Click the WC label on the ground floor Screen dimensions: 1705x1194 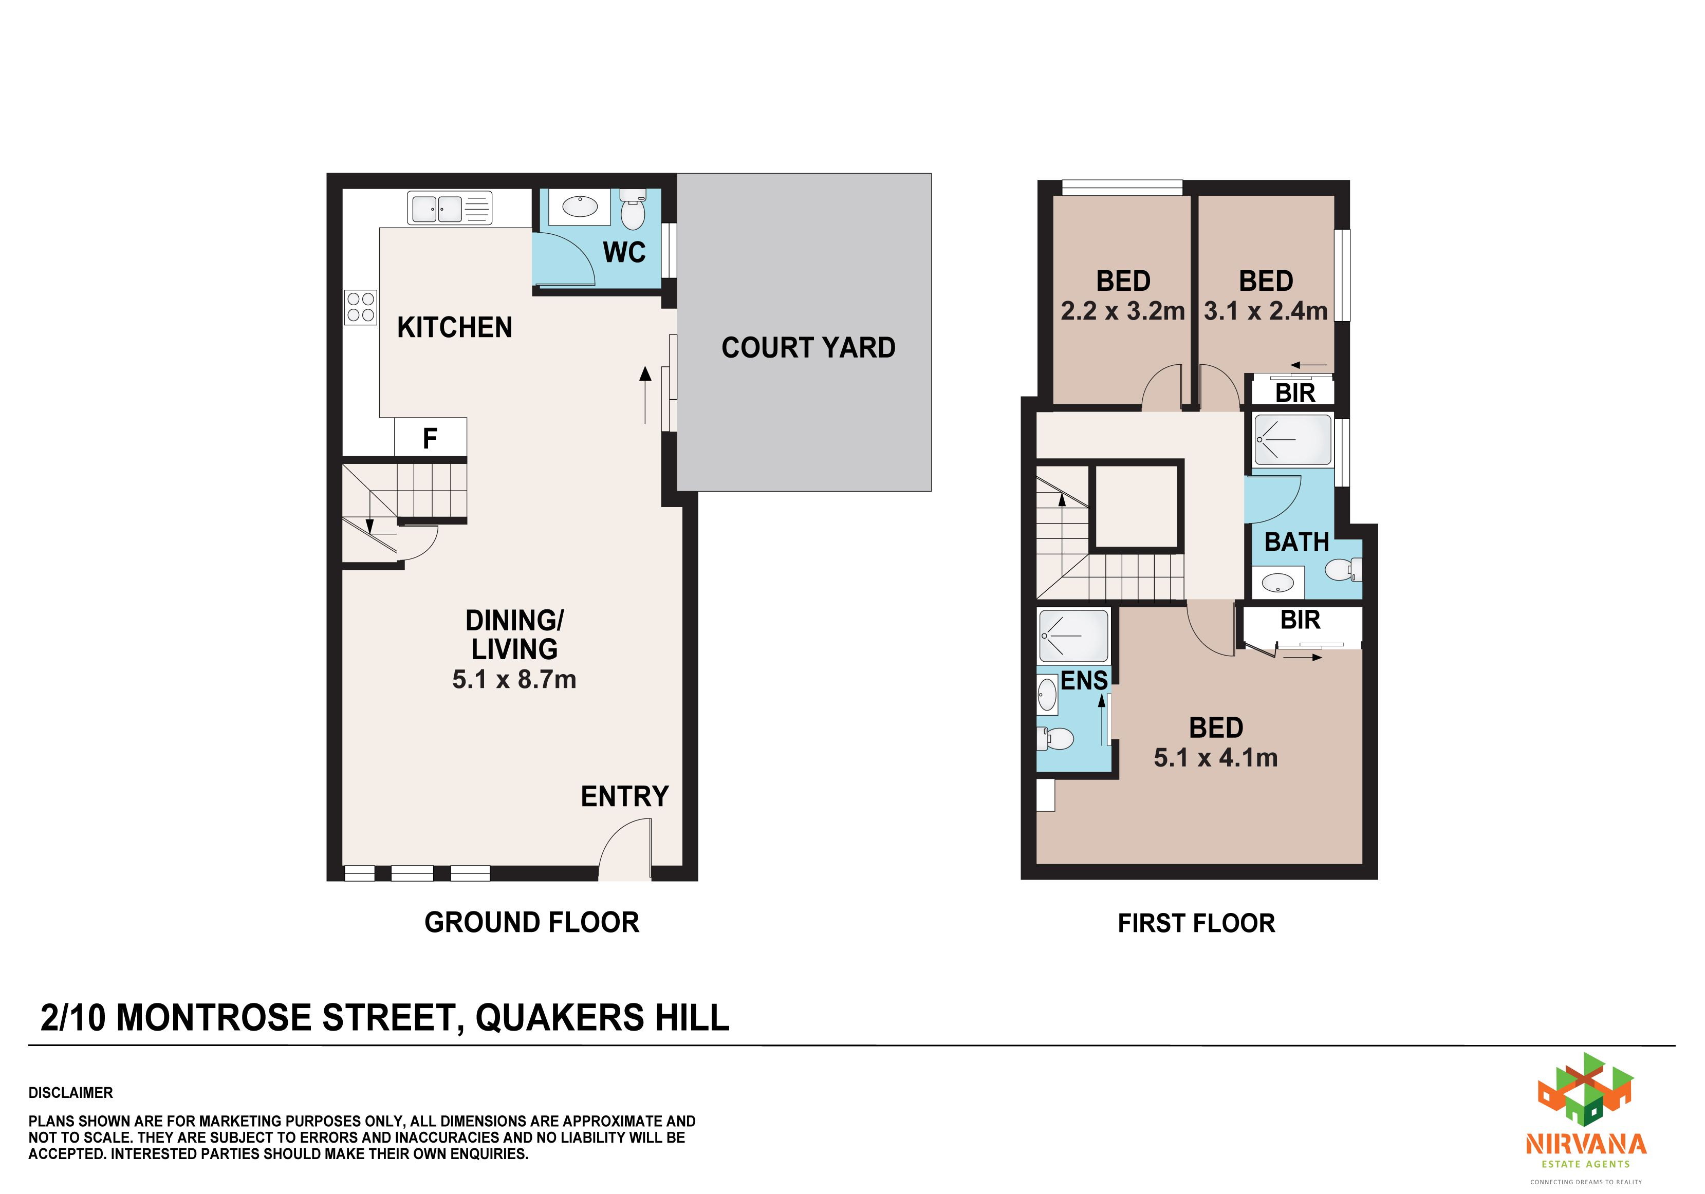click(624, 252)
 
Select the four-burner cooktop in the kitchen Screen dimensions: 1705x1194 click(361, 307)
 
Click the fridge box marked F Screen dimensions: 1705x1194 click(430, 437)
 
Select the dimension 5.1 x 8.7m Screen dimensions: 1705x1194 click(514, 679)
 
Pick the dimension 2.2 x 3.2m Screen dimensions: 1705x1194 click(1122, 310)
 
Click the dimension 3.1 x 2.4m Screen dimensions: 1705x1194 click(1265, 310)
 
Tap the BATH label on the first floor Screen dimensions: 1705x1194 click(1296, 542)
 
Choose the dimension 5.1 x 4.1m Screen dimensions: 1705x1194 click(1216, 757)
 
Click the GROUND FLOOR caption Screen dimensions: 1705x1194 click(532, 922)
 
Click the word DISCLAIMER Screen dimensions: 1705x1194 click(70, 1092)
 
